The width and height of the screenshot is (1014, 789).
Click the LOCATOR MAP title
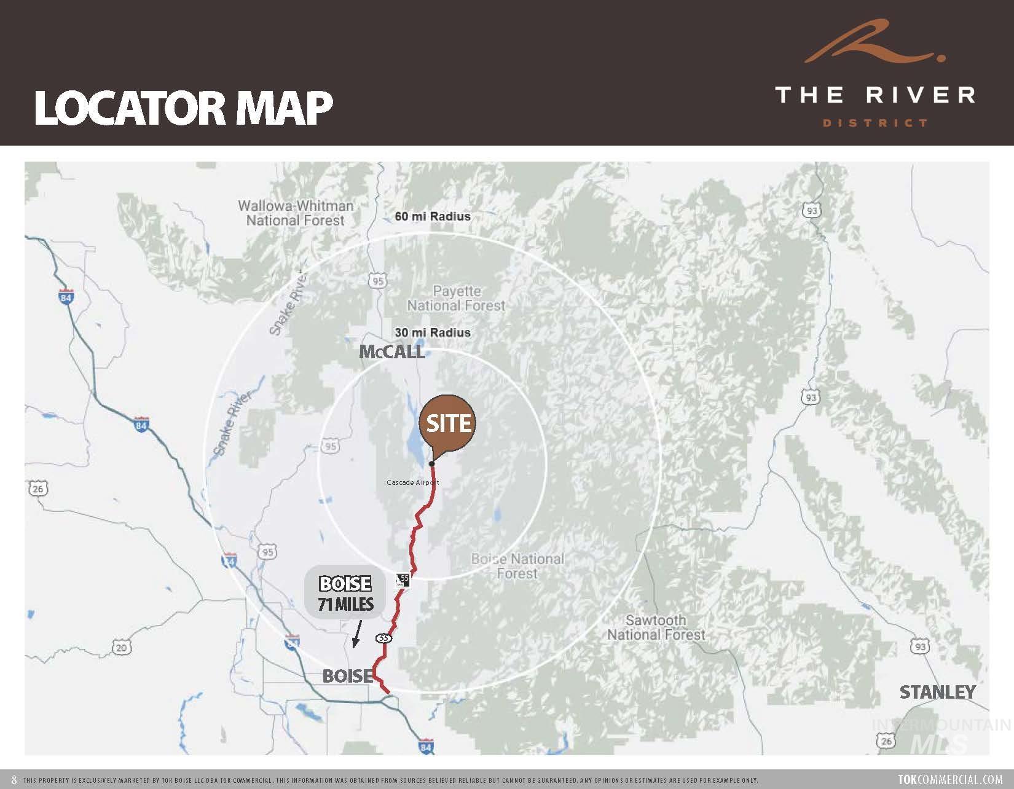[183, 109]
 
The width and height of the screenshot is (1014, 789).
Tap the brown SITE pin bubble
[448, 424]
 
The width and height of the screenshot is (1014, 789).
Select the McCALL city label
[392, 352]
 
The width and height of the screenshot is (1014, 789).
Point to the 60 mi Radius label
[433, 216]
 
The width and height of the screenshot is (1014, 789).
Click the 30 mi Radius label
[433, 332]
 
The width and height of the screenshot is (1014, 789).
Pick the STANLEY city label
[937, 693]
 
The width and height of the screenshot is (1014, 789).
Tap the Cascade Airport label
[412, 482]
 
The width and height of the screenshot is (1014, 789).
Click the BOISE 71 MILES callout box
[345, 594]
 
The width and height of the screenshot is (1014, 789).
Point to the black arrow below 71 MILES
[356, 634]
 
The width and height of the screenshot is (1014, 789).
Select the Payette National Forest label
[456, 298]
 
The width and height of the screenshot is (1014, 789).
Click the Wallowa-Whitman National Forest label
[296, 213]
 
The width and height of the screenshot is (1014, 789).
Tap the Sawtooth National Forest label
[656, 627]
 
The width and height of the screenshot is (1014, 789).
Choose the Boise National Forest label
[517, 566]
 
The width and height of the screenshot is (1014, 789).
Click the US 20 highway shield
[122, 647]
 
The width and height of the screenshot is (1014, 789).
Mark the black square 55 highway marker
[403, 579]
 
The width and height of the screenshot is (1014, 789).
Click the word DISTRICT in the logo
[875, 123]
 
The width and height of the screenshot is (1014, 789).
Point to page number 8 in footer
[14, 780]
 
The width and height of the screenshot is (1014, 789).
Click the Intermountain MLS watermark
[940, 735]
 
